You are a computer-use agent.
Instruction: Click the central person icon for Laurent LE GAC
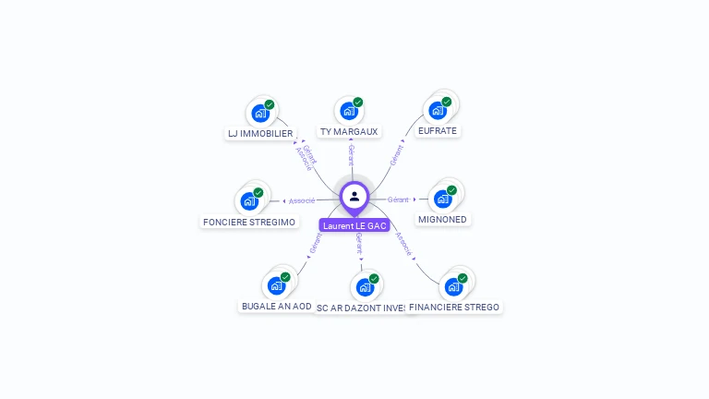click(x=354, y=196)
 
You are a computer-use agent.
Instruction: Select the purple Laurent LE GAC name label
click(x=354, y=225)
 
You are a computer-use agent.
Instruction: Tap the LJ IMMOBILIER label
click(x=260, y=133)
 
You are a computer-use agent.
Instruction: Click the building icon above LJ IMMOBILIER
click(x=260, y=114)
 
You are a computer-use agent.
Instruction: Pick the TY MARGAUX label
click(x=349, y=132)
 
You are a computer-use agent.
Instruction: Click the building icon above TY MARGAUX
click(x=349, y=111)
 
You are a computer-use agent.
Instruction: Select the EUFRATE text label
click(x=438, y=131)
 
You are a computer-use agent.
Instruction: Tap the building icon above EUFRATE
click(x=438, y=110)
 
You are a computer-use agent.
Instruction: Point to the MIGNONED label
click(x=443, y=220)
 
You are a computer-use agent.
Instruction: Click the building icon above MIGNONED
click(x=443, y=198)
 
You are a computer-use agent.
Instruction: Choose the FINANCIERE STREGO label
click(x=454, y=307)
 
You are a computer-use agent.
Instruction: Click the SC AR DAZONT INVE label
click(x=362, y=308)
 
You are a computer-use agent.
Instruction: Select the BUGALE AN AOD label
click(x=277, y=306)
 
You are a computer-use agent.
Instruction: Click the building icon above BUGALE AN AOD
click(x=276, y=285)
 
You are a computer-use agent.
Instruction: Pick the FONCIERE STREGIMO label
click(x=249, y=222)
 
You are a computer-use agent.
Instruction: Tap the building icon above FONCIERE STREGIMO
click(x=249, y=200)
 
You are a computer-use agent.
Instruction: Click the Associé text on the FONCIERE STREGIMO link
click(x=302, y=200)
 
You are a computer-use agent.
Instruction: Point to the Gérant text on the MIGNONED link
click(x=398, y=199)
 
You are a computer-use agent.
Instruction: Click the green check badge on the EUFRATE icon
click(x=447, y=102)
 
